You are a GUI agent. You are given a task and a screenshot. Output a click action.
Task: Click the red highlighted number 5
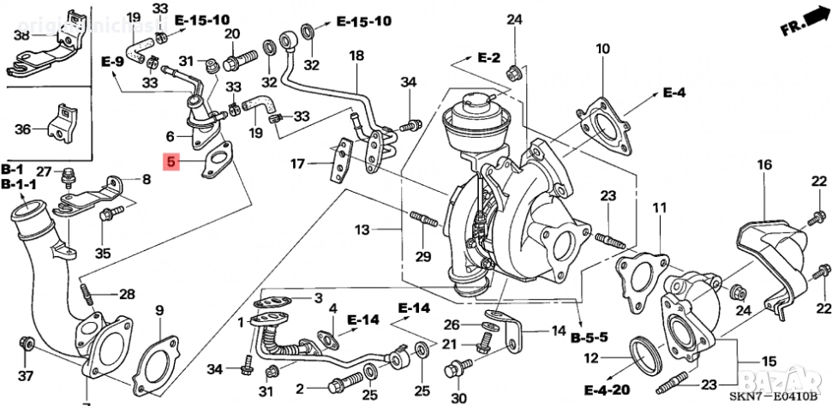172,162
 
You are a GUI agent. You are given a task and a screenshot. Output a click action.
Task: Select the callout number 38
21,35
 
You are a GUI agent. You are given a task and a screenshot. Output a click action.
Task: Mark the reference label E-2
488,57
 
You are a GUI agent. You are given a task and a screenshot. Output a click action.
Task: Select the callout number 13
362,230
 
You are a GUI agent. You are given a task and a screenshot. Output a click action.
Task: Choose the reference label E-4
674,92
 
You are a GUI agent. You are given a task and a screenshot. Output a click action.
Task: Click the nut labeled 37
27,344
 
